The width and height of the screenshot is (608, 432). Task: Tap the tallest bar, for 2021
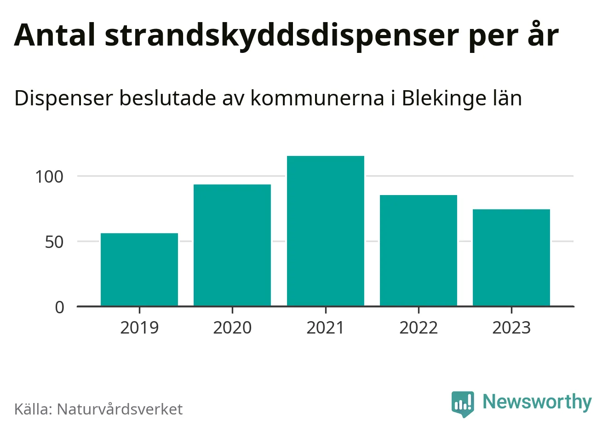[326, 231]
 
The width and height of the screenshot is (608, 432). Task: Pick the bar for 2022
[419, 251]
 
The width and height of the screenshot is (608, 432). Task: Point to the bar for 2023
[511, 258]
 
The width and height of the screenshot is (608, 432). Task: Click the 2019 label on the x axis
[139, 328]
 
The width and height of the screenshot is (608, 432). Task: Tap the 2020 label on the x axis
[232, 328]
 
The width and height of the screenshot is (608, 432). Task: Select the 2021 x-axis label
[326, 328]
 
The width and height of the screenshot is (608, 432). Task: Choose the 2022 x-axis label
[419, 328]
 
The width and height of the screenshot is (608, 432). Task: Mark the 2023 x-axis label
[511, 328]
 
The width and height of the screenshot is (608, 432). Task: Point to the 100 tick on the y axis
[49, 177]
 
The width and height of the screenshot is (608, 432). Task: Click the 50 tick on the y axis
[54, 242]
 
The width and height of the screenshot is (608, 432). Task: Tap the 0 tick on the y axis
[60, 307]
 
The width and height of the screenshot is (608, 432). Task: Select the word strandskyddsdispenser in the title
[282, 36]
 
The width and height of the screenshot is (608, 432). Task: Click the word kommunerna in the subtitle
[317, 98]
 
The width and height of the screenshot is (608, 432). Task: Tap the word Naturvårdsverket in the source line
[120, 409]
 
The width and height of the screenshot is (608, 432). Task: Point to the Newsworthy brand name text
[537, 402]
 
